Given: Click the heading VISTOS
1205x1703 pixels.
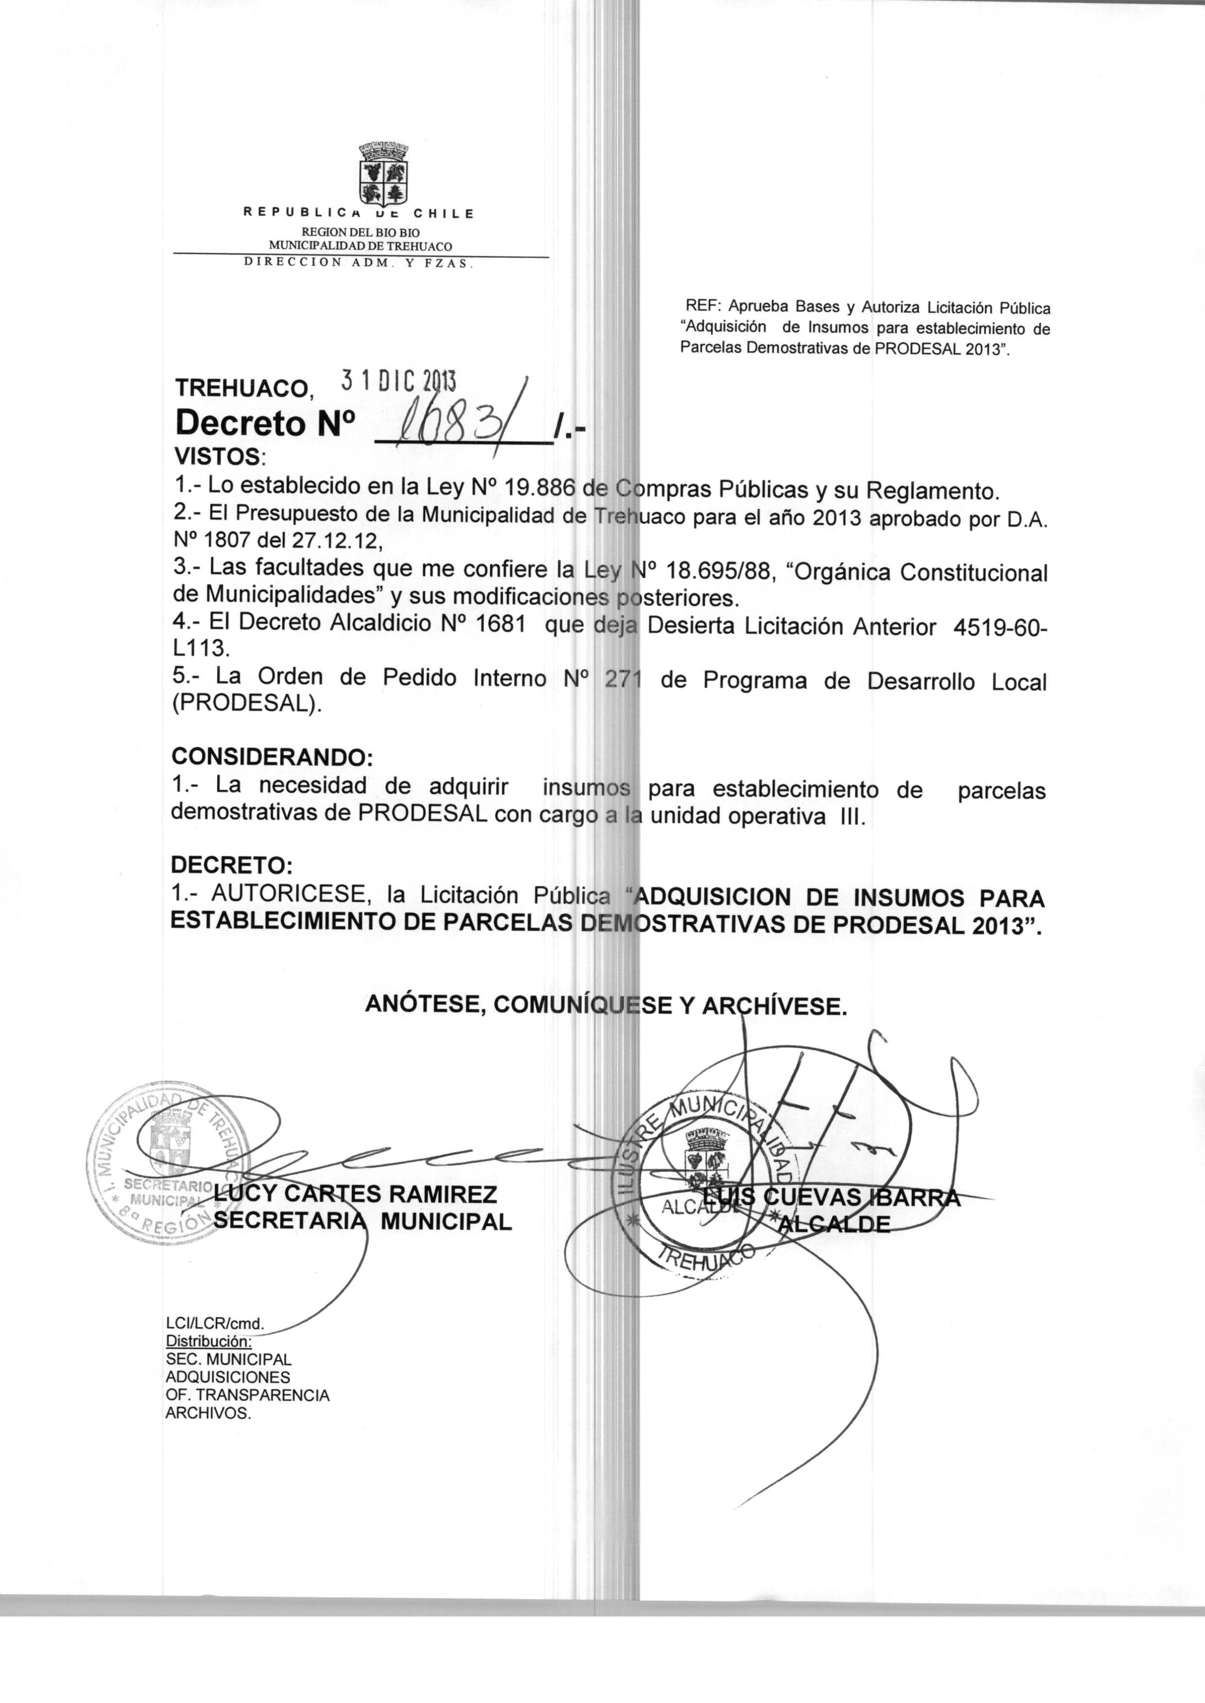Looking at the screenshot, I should click(x=217, y=455).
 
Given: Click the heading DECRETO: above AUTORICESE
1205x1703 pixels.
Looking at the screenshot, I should click(x=231, y=865).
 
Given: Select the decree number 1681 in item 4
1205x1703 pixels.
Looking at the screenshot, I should click(x=500, y=623).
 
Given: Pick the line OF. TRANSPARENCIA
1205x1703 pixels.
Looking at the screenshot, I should click(x=247, y=1395).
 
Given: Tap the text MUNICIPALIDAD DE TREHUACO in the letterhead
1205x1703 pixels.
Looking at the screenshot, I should click(x=360, y=245).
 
